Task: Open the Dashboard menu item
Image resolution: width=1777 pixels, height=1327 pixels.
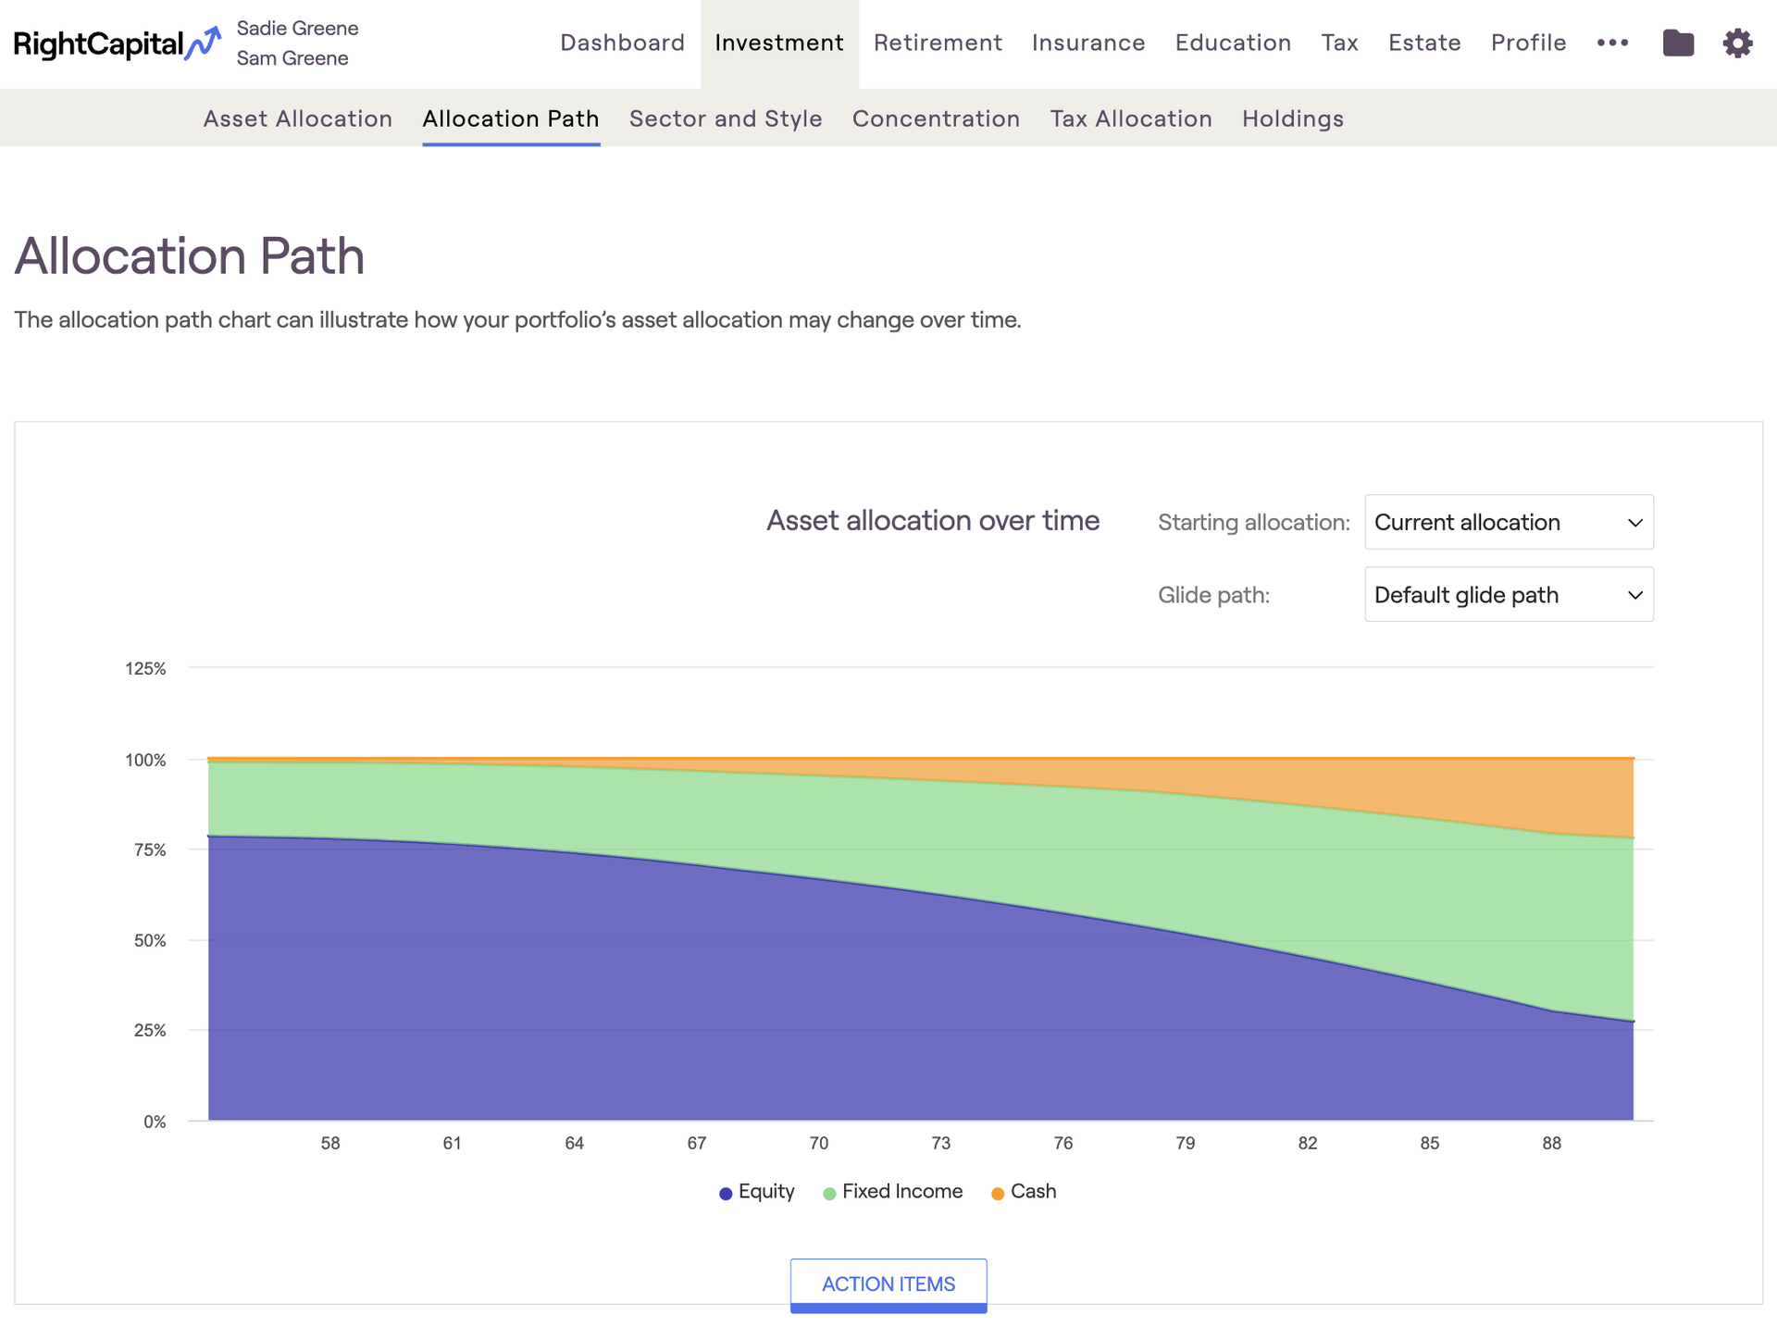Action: click(x=622, y=43)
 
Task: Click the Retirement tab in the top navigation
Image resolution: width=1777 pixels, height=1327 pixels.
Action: click(x=938, y=43)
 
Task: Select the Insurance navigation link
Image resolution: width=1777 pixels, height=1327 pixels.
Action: click(x=1088, y=43)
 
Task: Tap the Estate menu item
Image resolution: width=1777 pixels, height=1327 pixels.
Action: click(x=1424, y=43)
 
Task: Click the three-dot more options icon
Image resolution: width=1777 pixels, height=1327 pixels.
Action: click(x=1612, y=43)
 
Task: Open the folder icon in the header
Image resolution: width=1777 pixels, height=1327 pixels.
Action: click(x=1678, y=43)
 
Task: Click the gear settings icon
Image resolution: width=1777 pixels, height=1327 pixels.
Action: click(x=1737, y=43)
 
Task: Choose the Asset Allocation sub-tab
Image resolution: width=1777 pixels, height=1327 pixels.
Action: click(x=298, y=118)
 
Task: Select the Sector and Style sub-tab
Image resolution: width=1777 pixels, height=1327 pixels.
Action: click(x=726, y=118)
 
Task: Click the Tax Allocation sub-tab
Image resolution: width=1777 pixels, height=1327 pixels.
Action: click(x=1131, y=118)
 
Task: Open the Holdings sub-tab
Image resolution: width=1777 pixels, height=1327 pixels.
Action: click(x=1293, y=118)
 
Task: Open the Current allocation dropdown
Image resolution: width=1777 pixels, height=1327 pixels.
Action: click(x=1509, y=522)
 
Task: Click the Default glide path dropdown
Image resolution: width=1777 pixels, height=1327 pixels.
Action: click(x=1509, y=594)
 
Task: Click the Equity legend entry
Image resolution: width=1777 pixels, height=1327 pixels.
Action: click(x=757, y=1192)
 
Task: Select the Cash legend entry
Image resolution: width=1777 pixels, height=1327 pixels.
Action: click(x=1024, y=1192)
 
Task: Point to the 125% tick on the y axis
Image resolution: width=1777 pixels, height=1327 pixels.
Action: click(x=145, y=668)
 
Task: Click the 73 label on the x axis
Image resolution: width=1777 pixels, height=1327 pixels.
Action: click(x=941, y=1143)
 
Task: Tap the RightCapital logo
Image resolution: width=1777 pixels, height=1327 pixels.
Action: click(x=118, y=43)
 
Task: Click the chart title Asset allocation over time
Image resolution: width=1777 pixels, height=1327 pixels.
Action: click(x=933, y=521)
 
